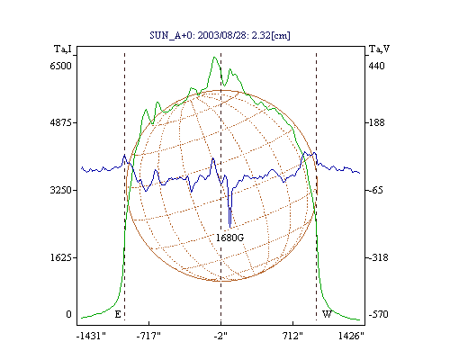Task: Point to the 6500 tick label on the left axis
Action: tap(61, 66)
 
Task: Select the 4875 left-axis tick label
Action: tap(61, 122)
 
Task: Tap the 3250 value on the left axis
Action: tap(61, 190)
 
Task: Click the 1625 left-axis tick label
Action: tap(61, 257)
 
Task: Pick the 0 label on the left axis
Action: tap(69, 314)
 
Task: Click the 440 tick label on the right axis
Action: tap(376, 66)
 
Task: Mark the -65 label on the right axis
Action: tap(375, 190)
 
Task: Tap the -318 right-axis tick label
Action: tap(377, 257)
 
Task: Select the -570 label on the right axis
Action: tap(378, 314)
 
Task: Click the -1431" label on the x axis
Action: tap(91, 336)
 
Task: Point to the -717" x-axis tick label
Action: tap(148, 336)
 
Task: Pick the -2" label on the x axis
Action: tap(220, 336)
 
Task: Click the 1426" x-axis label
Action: tap(351, 336)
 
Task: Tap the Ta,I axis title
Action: tap(63, 49)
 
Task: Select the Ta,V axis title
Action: tap(379, 49)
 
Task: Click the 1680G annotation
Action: tap(229, 238)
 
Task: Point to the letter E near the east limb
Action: tap(118, 314)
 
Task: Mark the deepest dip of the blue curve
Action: tap(229, 228)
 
